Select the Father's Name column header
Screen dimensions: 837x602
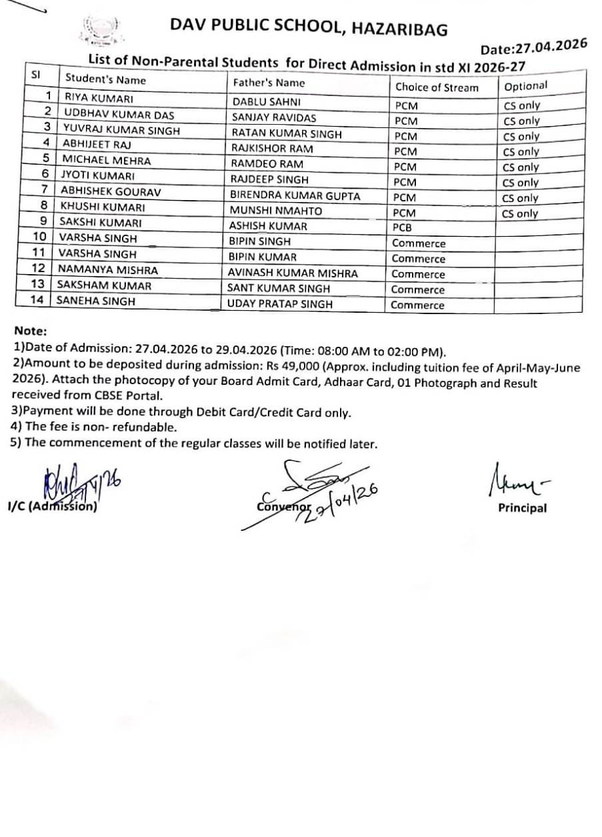click(x=268, y=83)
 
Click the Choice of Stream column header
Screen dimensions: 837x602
click(x=437, y=87)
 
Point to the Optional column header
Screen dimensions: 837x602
click(x=525, y=85)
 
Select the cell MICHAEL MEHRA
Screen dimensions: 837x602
click(x=106, y=160)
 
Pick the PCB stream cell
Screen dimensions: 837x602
click(x=403, y=227)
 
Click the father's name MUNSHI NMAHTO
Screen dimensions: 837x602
click(x=275, y=211)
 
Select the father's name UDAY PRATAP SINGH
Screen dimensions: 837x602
click(x=280, y=304)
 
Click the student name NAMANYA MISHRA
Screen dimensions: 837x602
click(x=108, y=269)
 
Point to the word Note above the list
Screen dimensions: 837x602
click(x=30, y=331)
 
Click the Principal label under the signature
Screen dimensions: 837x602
click(x=522, y=508)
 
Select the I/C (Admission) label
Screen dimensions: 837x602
click(x=53, y=506)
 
